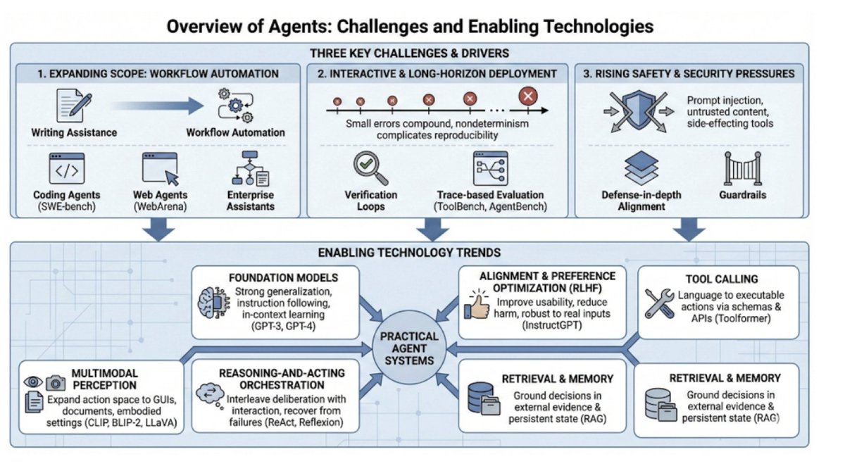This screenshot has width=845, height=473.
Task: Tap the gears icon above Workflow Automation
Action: [x=234, y=105]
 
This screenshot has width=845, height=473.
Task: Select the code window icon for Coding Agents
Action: [x=66, y=170]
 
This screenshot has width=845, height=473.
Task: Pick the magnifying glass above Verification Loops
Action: [x=370, y=169]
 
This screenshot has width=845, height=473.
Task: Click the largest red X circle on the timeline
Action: [x=527, y=96]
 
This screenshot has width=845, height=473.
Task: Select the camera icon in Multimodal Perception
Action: [x=55, y=384]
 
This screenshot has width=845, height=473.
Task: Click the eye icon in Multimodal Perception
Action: [x=33, y=382]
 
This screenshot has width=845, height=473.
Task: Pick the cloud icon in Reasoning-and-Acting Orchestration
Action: [x=211, y=393]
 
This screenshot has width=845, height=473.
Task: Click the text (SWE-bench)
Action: [x=67, y=207]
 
